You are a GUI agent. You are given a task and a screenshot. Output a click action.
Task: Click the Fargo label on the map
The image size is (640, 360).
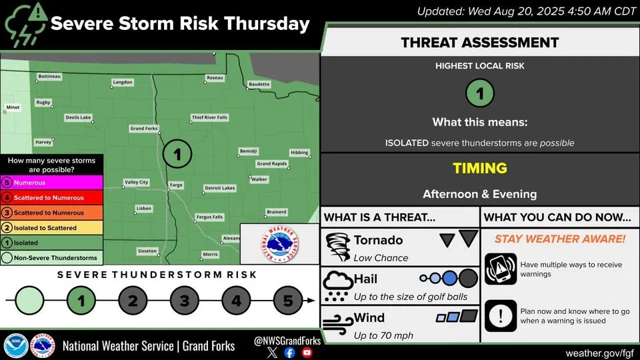pos(176,185)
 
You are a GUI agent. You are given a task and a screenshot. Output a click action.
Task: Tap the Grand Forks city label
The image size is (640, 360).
pos(144,128)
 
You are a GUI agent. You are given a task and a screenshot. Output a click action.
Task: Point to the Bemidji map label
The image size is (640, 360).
pos(248,151)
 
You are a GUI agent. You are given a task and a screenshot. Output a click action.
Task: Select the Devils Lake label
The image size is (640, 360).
pos(79,117)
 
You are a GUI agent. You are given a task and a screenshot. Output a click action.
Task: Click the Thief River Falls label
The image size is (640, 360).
pos(209,117)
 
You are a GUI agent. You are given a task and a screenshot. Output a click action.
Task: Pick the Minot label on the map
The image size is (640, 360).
pos(13,107)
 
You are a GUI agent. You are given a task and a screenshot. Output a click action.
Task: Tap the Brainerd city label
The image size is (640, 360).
pos(276,212)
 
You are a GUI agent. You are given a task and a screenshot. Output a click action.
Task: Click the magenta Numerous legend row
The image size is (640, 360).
pos(51,183)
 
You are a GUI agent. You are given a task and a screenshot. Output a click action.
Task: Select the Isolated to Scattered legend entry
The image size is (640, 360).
pos(51,228)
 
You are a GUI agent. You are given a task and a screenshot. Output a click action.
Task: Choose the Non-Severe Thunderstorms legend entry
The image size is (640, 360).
pos(51,257)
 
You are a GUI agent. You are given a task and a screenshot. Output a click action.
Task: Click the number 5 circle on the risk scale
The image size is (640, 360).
pos(288,301)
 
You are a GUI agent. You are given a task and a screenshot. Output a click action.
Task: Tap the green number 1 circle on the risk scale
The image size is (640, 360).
pos(81,301)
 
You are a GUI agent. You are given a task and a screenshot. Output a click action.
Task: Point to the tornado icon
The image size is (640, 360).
pos(338,247)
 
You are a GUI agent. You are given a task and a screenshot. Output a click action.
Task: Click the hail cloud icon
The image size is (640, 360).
pos(337,286)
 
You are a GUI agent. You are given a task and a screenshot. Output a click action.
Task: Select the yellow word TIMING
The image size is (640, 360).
pos(480,168)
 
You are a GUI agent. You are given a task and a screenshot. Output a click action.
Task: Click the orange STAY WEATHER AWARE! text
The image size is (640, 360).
pos(560,239)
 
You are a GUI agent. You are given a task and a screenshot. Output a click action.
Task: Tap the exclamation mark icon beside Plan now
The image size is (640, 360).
pos(501,316)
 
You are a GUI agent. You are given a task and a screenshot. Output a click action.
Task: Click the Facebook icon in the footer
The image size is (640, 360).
pos(289,353)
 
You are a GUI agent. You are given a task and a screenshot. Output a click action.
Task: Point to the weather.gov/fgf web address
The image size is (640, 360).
pos(599,353)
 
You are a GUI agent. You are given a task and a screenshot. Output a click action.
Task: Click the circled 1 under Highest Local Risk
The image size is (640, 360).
pos(479,93)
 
